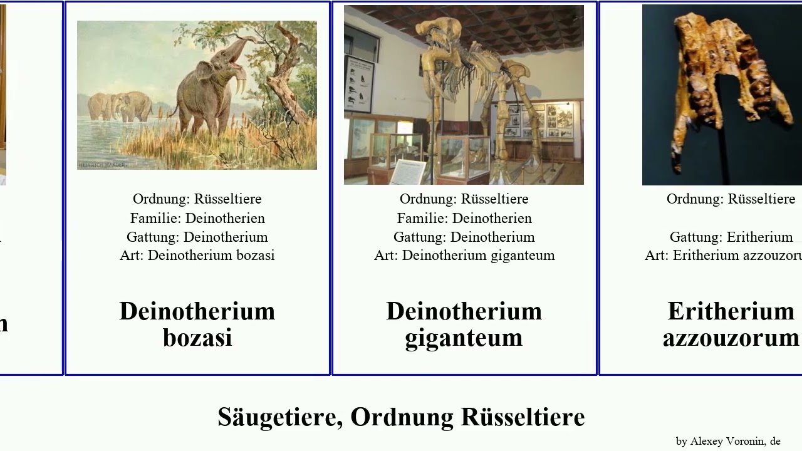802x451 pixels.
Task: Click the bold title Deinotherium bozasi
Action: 197,324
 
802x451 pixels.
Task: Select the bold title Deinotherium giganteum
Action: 464,324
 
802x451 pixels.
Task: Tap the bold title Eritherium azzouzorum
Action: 731,324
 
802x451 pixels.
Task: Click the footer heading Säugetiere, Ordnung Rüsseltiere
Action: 401,417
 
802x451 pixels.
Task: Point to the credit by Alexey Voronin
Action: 728,441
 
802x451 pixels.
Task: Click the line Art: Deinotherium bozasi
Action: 197,256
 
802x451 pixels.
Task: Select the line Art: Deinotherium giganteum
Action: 464,256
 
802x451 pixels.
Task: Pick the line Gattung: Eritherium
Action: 731,237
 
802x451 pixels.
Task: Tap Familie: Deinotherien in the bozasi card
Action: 197,218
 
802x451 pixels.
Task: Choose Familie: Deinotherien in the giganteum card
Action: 464,218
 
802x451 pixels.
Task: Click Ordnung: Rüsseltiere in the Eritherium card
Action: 731,199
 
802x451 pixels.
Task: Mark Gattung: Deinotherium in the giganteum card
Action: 464,237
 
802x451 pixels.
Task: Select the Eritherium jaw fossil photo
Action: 721,94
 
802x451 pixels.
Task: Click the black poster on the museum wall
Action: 359,84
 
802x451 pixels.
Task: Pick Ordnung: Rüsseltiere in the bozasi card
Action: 197,199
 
